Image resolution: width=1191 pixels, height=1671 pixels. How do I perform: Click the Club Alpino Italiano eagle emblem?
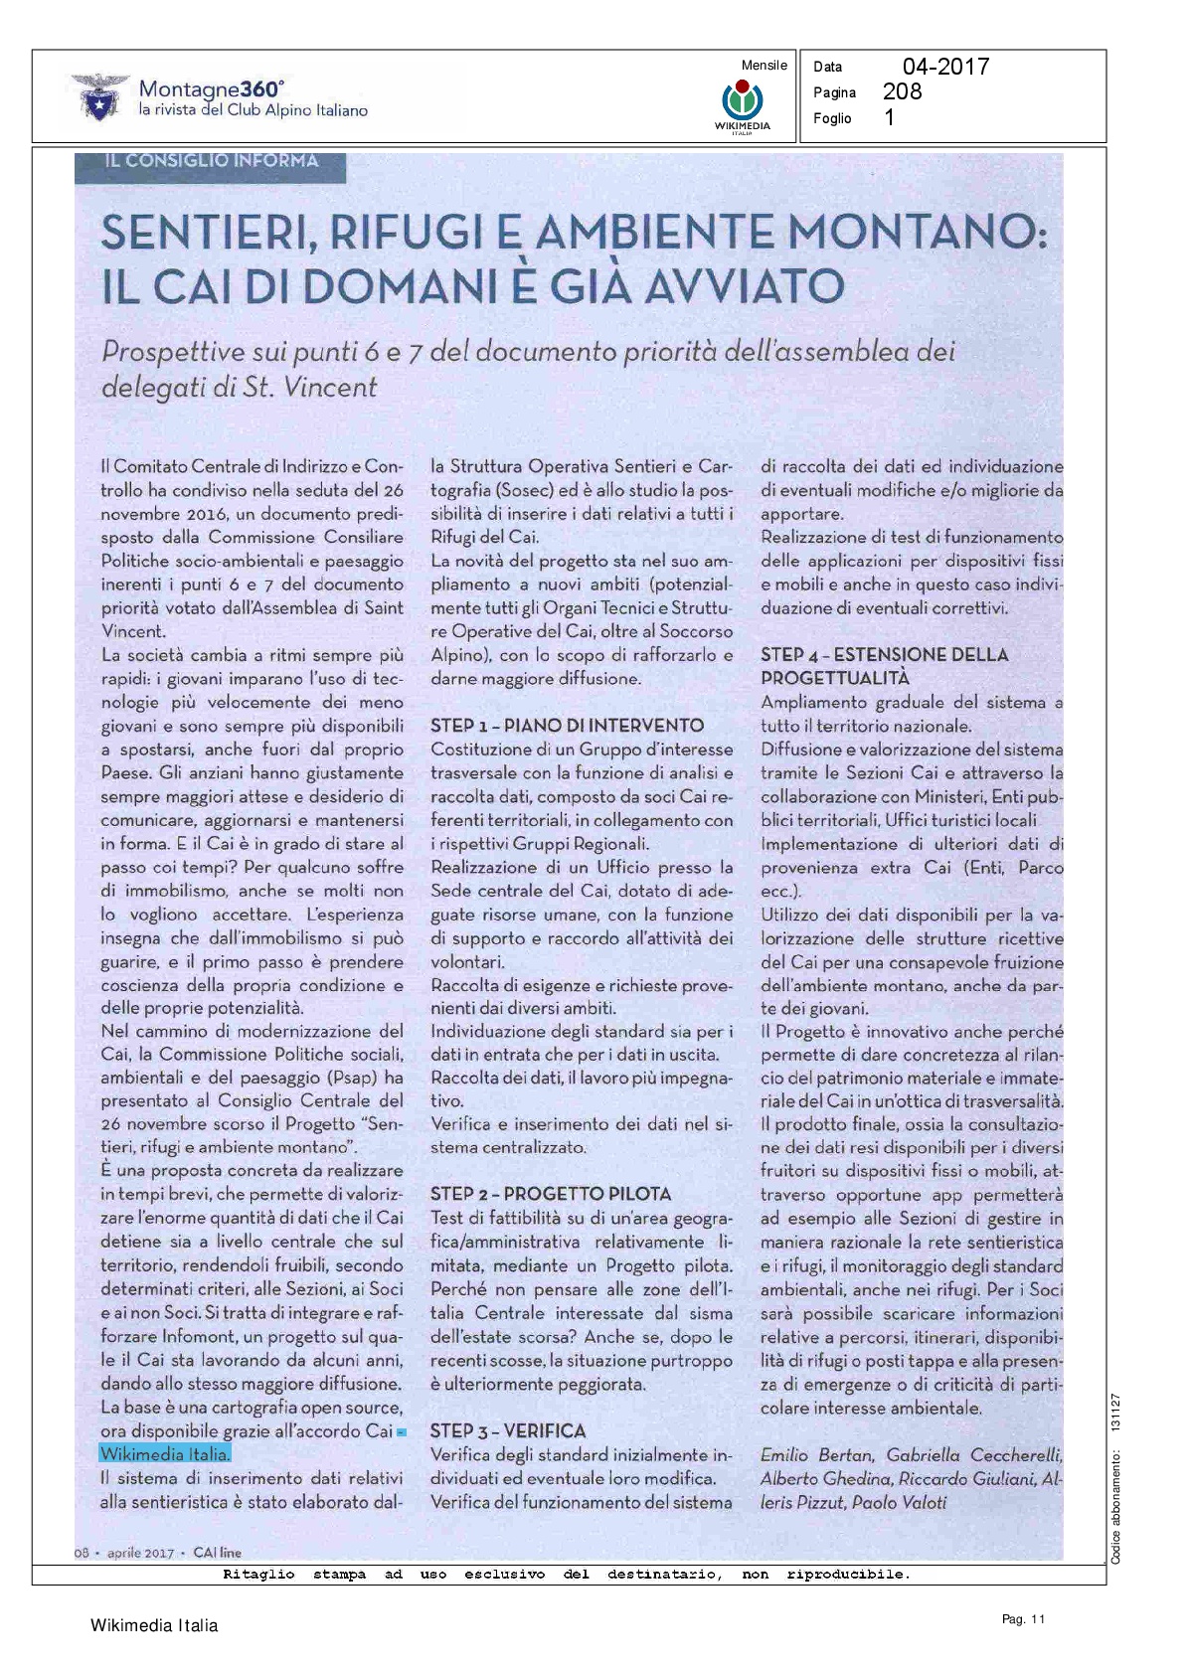pos(97,97)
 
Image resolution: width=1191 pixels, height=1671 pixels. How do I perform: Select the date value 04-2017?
pos(945,67)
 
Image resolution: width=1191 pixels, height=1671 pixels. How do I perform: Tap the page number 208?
pos(902,91)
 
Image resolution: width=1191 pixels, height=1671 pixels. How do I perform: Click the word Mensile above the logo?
pos(764,66)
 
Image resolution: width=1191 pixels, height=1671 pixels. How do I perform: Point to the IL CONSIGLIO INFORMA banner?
pos(211,162)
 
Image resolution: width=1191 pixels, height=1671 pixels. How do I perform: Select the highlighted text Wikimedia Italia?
pos(165,1454)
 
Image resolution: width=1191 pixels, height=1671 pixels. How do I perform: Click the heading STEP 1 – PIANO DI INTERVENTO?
pos(567,726)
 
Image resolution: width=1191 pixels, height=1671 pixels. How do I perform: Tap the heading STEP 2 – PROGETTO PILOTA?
pos(550,1194)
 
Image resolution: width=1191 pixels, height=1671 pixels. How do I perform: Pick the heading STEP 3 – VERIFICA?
pos(507,1431)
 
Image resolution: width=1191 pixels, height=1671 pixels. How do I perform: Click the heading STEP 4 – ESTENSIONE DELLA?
pos(884,655)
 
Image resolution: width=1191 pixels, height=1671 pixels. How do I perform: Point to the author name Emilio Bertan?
pos(816,1455)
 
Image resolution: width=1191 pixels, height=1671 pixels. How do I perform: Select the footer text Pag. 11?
pos(1023,1619)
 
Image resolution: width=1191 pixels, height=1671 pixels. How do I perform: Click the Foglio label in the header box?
pos(832,118)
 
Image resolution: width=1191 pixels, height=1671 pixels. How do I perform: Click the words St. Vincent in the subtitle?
pos(310,388)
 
